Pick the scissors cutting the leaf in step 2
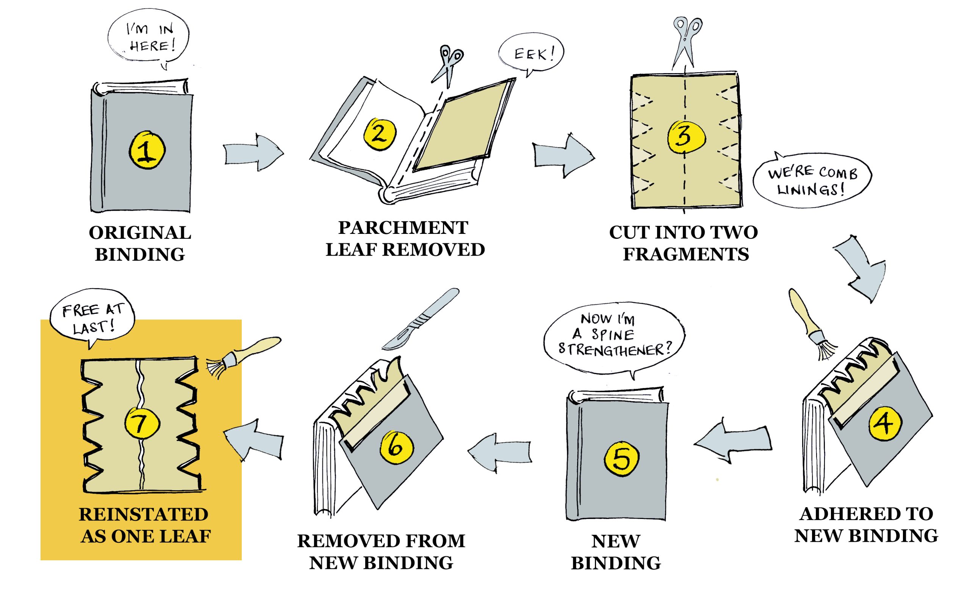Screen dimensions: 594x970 [x=448, y=65]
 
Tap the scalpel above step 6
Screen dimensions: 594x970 [x=421, y=319]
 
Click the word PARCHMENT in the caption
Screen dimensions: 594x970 [x=403, y=228]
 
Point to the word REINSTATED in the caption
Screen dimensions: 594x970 [x=143, y=514]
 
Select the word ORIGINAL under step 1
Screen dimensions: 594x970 [x=140, y=233]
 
